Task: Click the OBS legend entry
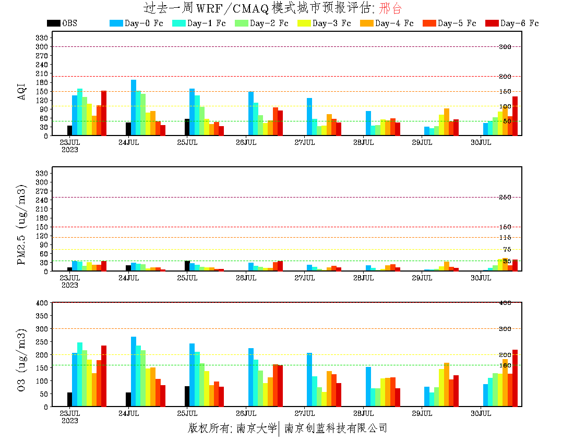[x=62, y=23]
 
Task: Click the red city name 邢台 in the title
[x=391, y=8]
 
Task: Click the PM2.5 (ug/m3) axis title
[x=21, y=224]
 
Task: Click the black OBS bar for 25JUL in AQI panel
[x=187, y=127]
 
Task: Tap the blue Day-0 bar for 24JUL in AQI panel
[x=134, y=107]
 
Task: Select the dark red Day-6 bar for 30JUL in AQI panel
[x=515, y=116]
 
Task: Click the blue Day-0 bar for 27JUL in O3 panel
[x=309, y=379]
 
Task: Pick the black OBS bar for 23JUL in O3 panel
[x=69, y=399]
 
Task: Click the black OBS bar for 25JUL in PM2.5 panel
[x=187, y=266]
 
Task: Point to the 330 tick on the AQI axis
[x=42, y=38]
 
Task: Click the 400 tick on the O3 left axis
[x=42, y=303]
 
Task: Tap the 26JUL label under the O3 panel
[x=246, y=413]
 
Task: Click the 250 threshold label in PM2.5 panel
[x=505, y=198]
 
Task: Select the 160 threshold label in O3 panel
[x=505, y=365]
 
